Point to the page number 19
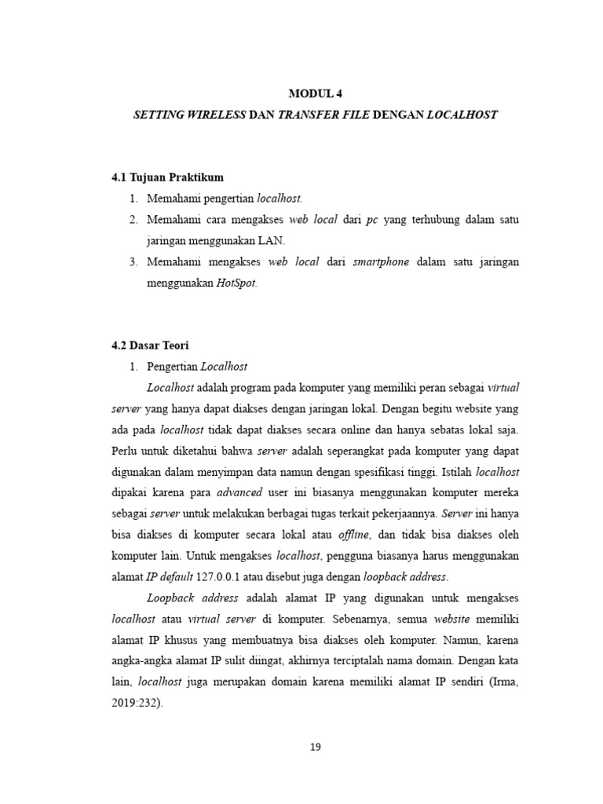pos(315,747)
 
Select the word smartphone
pos(380,261)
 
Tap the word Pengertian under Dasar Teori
pos(173,366)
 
